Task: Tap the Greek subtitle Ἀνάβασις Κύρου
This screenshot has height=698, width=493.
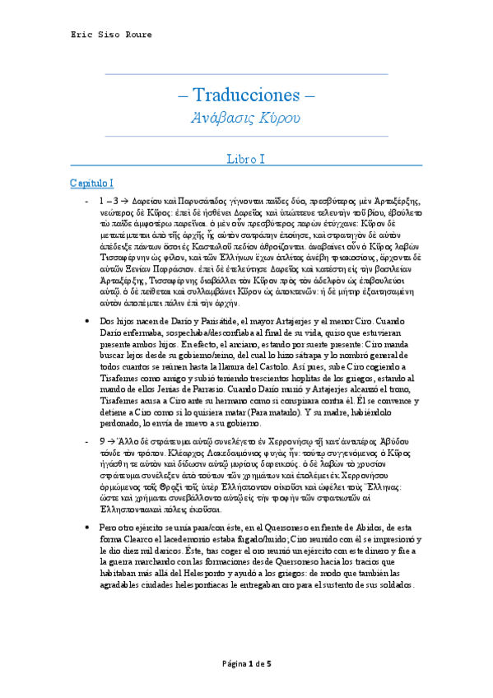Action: (246, 119)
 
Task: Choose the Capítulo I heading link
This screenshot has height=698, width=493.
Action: (91, 181)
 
